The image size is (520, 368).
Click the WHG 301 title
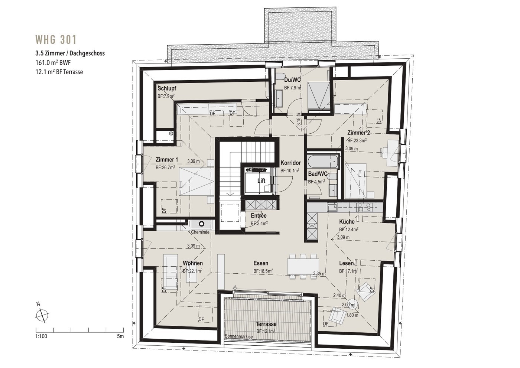click(x=56, y=40)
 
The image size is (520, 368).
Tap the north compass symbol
click(x=42, y=316)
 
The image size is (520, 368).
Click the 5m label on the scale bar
click(x=120, y=336)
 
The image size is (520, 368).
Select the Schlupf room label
click(x=167, y=88)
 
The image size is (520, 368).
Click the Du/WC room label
click(x=292, y=80)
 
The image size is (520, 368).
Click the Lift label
click(x=261, y=180)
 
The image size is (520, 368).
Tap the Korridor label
click(x=290, y=163)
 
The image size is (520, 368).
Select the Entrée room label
click(x=259, y=215)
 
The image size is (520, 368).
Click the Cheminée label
click(x=200, y=232)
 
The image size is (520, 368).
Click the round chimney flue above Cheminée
click(x=201, y=224)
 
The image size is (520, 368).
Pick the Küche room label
click(x=347, y=222)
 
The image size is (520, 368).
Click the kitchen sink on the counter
click(x=332, y=207)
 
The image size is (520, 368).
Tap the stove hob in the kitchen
click(x=364, y=207)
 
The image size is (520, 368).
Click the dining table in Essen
click(x=303, y=267)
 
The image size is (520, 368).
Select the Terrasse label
click(x=266, y=324)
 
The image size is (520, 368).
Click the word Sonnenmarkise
click(x=238, y=336)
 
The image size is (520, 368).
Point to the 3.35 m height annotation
click(x=319, y=274)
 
